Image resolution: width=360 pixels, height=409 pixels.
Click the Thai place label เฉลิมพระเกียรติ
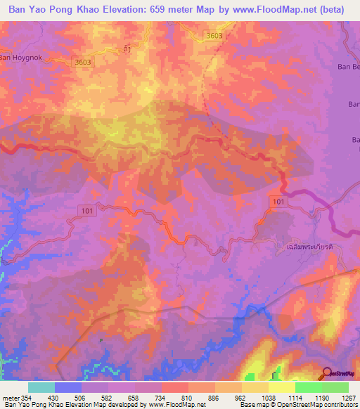click(x=309, y=248)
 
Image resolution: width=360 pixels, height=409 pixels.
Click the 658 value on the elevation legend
click(x=135, y=397)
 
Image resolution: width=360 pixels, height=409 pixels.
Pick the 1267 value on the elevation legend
click(x=348, y=397)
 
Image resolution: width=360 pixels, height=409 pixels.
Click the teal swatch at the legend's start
click(x=41, y=387)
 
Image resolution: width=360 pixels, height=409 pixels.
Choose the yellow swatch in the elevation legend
click(x=281, y=387)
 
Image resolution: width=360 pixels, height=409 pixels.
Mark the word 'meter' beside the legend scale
click(x=10, y=397)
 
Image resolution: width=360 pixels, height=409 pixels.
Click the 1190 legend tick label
click(x=321, y=397)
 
